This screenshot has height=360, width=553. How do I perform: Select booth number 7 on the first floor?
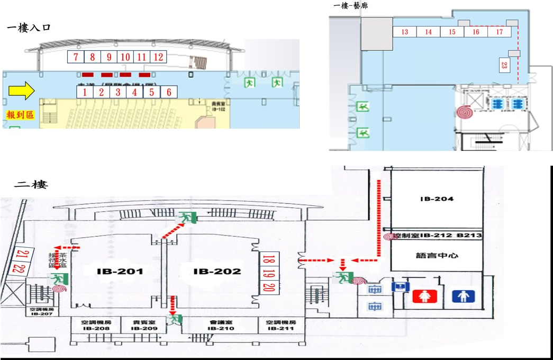(76, 57)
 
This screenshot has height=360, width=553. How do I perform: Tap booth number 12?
(158, 57)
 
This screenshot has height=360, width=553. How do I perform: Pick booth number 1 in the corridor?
(84, 92)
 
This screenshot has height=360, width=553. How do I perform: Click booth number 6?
(169, 92)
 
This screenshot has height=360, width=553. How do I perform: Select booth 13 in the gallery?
(405, 32)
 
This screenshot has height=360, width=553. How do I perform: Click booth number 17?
(500, 32)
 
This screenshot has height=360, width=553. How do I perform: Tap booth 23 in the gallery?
(503, 65)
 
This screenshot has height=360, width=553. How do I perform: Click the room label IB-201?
(121, 272)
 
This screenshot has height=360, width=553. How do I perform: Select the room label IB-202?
(217, 272)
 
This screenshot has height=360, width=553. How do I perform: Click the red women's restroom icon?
(425, 295)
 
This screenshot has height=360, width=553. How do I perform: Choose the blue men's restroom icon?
(464, 295)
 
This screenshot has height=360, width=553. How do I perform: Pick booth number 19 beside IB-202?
(268, 274)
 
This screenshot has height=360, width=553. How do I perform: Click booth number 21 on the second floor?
(20, 254)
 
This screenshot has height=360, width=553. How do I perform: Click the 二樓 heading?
(31, 185)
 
